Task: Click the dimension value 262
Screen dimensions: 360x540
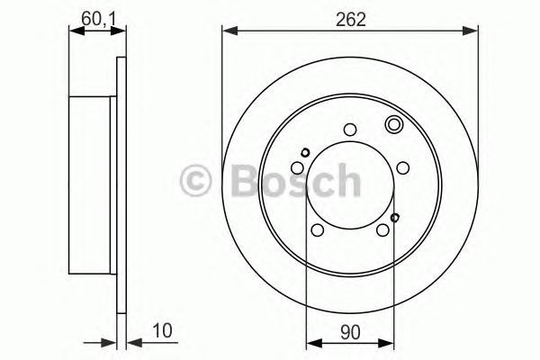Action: click(351, 19)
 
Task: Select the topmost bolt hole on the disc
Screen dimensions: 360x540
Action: click(352, 129)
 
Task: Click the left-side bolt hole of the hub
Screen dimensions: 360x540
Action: click(298, 167)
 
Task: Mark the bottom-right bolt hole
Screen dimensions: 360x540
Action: click(383, 230)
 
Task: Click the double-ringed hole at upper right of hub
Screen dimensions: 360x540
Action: click(393, 125)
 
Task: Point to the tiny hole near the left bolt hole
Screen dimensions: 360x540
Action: click(306, 151)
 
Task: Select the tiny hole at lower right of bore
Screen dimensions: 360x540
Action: click(395, 217)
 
